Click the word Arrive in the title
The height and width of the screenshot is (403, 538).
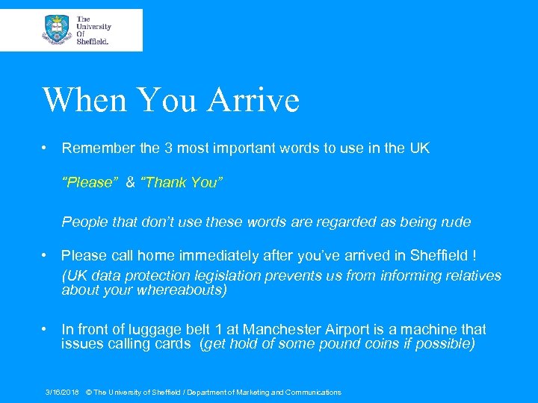tap(256, 100)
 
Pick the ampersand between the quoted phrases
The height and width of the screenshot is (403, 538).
tap(130, 183)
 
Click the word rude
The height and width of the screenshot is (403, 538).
tap(455, 222)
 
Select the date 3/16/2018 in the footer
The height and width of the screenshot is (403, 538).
tap(62, 393)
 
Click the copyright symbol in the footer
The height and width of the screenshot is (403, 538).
tap(89, 393)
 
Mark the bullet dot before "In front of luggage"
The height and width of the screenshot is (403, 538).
tap(46, 329)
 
